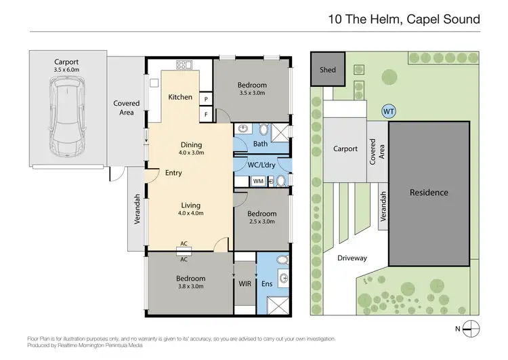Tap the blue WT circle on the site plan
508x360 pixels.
point(389,111)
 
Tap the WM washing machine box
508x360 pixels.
point(258,181)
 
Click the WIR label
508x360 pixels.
point(244,285)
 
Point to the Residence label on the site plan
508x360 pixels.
point(429,193)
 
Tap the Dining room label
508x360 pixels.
point(190,144)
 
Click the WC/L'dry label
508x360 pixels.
point(260,163)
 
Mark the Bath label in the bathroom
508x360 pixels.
point(260,144)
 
